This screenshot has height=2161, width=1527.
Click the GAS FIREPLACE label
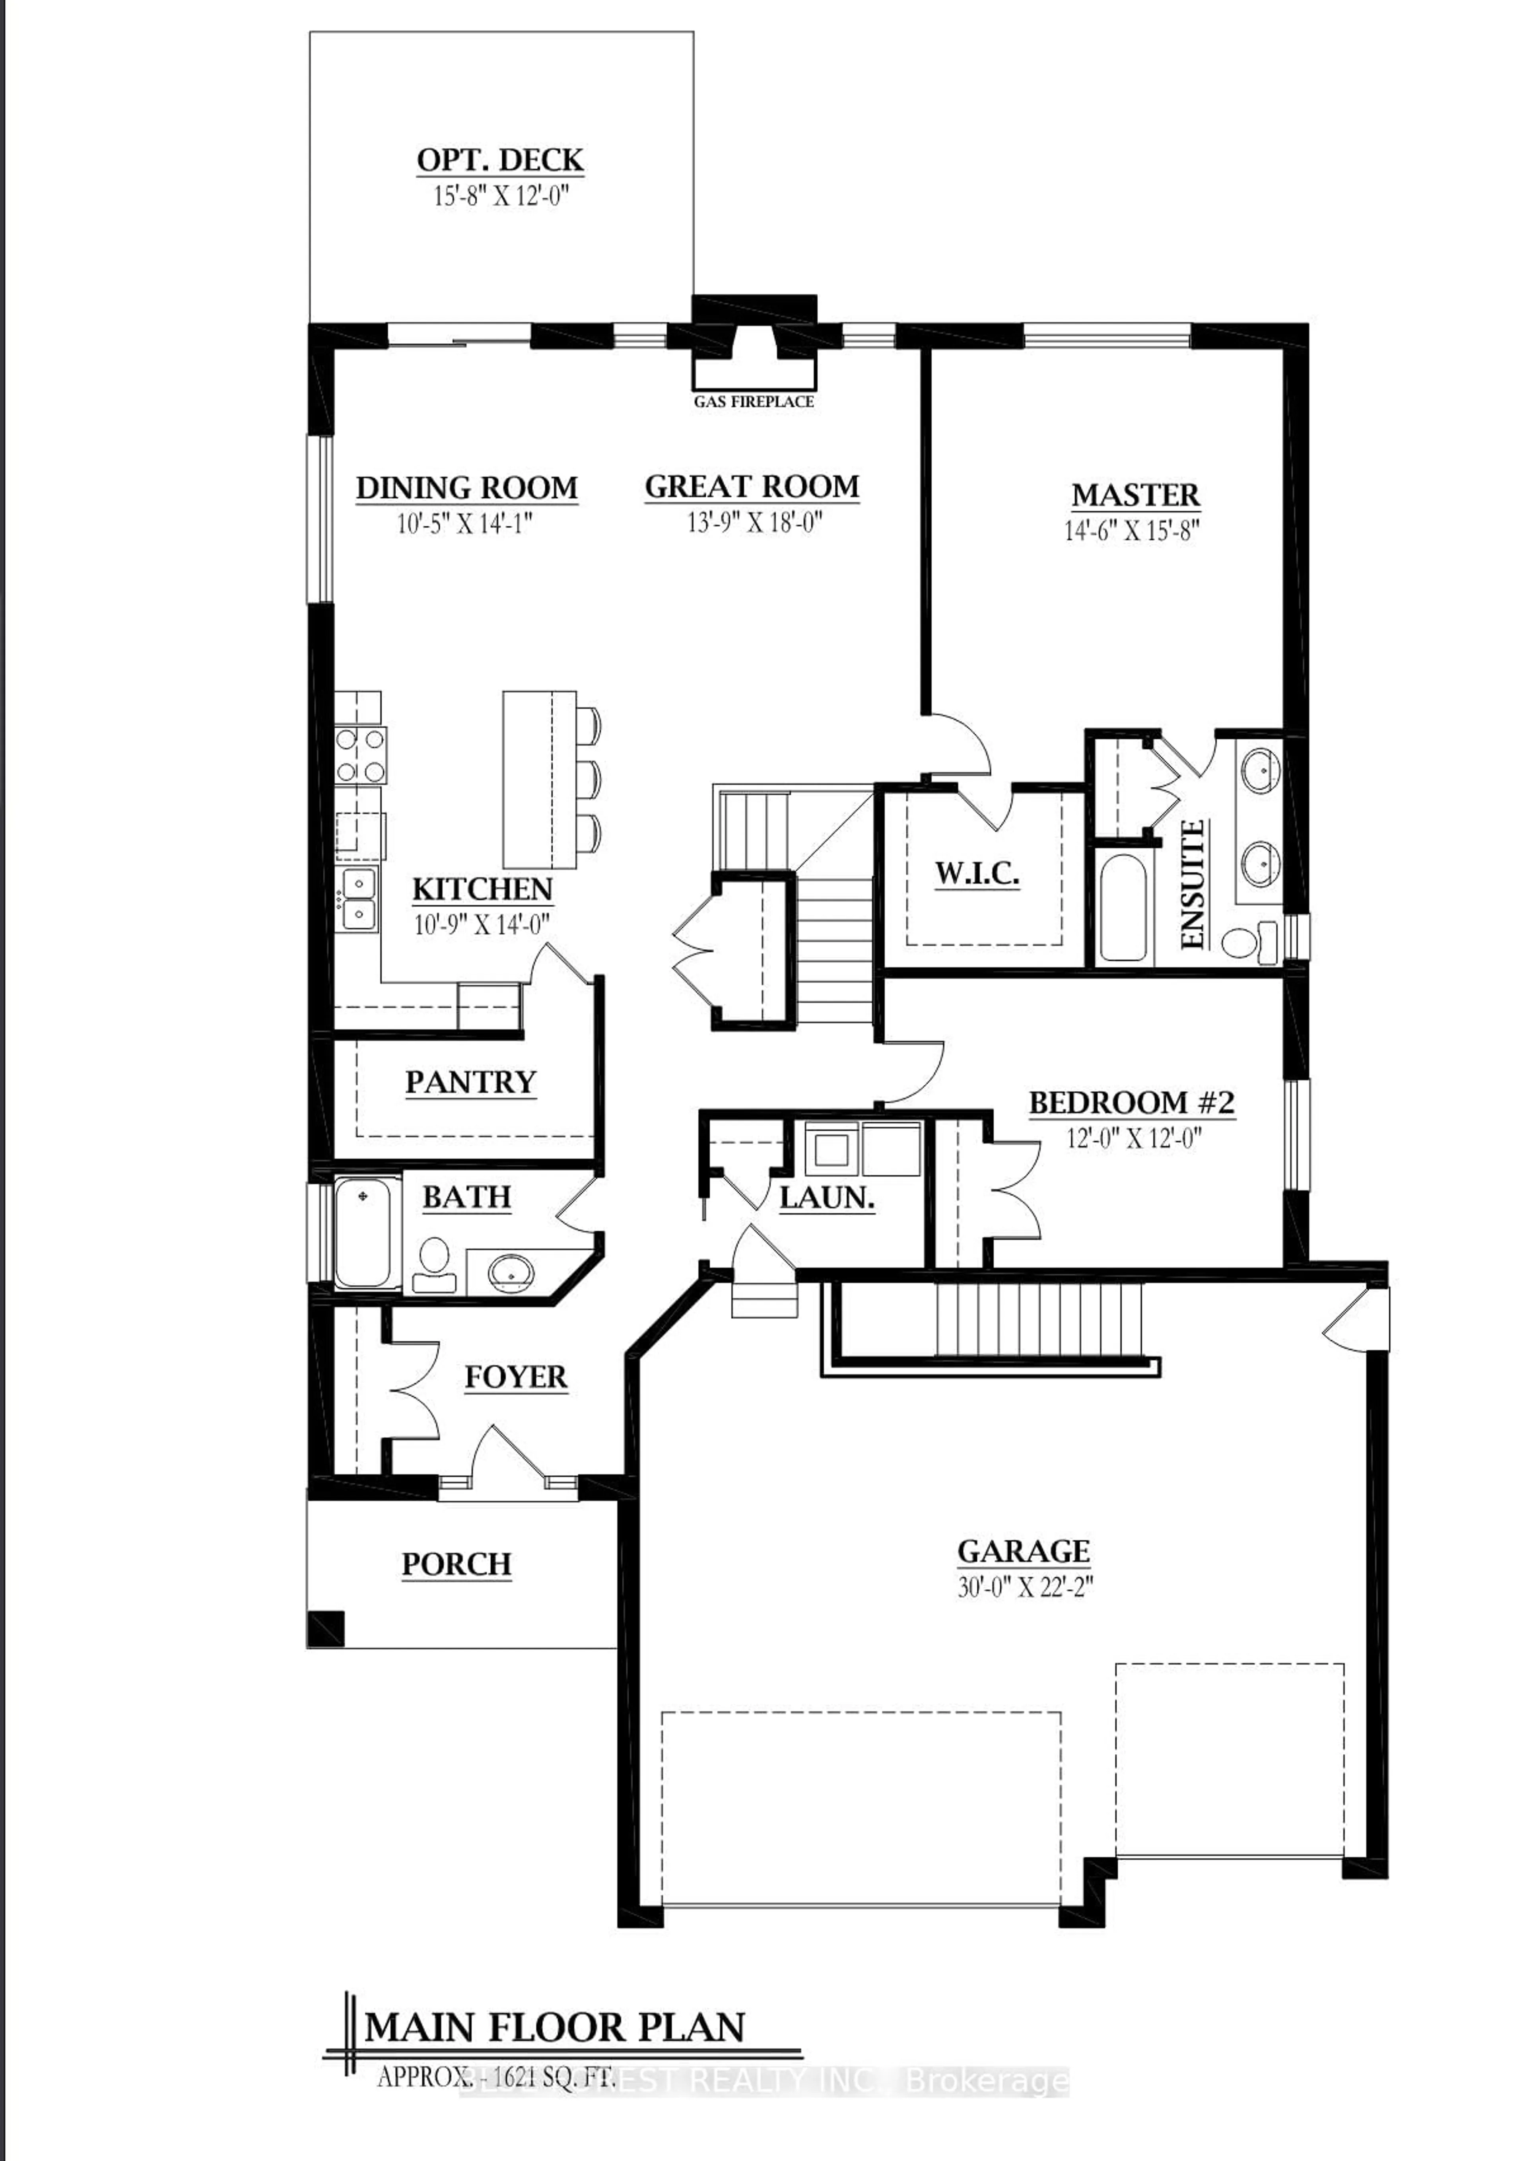click(754, 402)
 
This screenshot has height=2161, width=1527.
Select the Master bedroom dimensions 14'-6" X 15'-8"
click(1133, 531)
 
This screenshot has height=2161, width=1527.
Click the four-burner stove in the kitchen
click(360, 756)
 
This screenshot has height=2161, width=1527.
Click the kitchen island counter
click(539, 779)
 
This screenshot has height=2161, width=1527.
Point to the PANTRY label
click(470, 1082)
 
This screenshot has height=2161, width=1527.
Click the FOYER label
click(516, 1378)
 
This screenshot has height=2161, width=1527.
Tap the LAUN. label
click(827, 1198)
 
